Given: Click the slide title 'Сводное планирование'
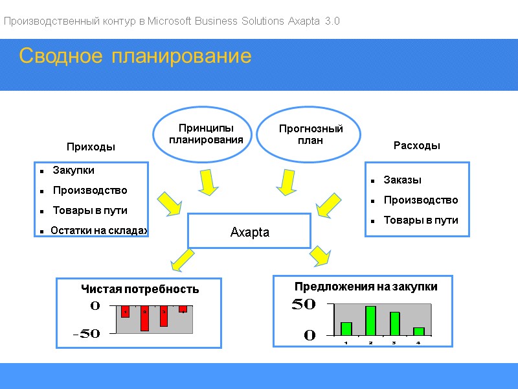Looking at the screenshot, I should pos(135,56).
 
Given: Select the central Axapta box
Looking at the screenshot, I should pos(249,231).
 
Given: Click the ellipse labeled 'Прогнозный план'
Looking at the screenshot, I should pos(310,135).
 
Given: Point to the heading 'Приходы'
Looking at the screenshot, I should pos(91,147).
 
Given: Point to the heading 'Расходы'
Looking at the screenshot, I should pos(417,146).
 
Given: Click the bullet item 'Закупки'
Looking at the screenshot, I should pos(73,171).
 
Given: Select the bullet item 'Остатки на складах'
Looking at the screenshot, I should pos(100,230).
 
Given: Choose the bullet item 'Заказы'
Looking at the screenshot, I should pos(402,180).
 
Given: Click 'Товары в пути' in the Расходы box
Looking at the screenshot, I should pos(421,220).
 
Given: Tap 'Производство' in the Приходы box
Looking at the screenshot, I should pos(90,191).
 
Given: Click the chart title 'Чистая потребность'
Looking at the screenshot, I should pos(139,289).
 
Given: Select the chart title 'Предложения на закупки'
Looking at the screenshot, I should pos(366,287).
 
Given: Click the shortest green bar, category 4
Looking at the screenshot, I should pos(418,331).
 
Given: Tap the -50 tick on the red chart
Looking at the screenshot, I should pos(86,334).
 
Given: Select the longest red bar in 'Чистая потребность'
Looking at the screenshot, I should pos(144,318).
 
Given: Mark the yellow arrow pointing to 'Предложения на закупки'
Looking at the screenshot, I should pos(320,255).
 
